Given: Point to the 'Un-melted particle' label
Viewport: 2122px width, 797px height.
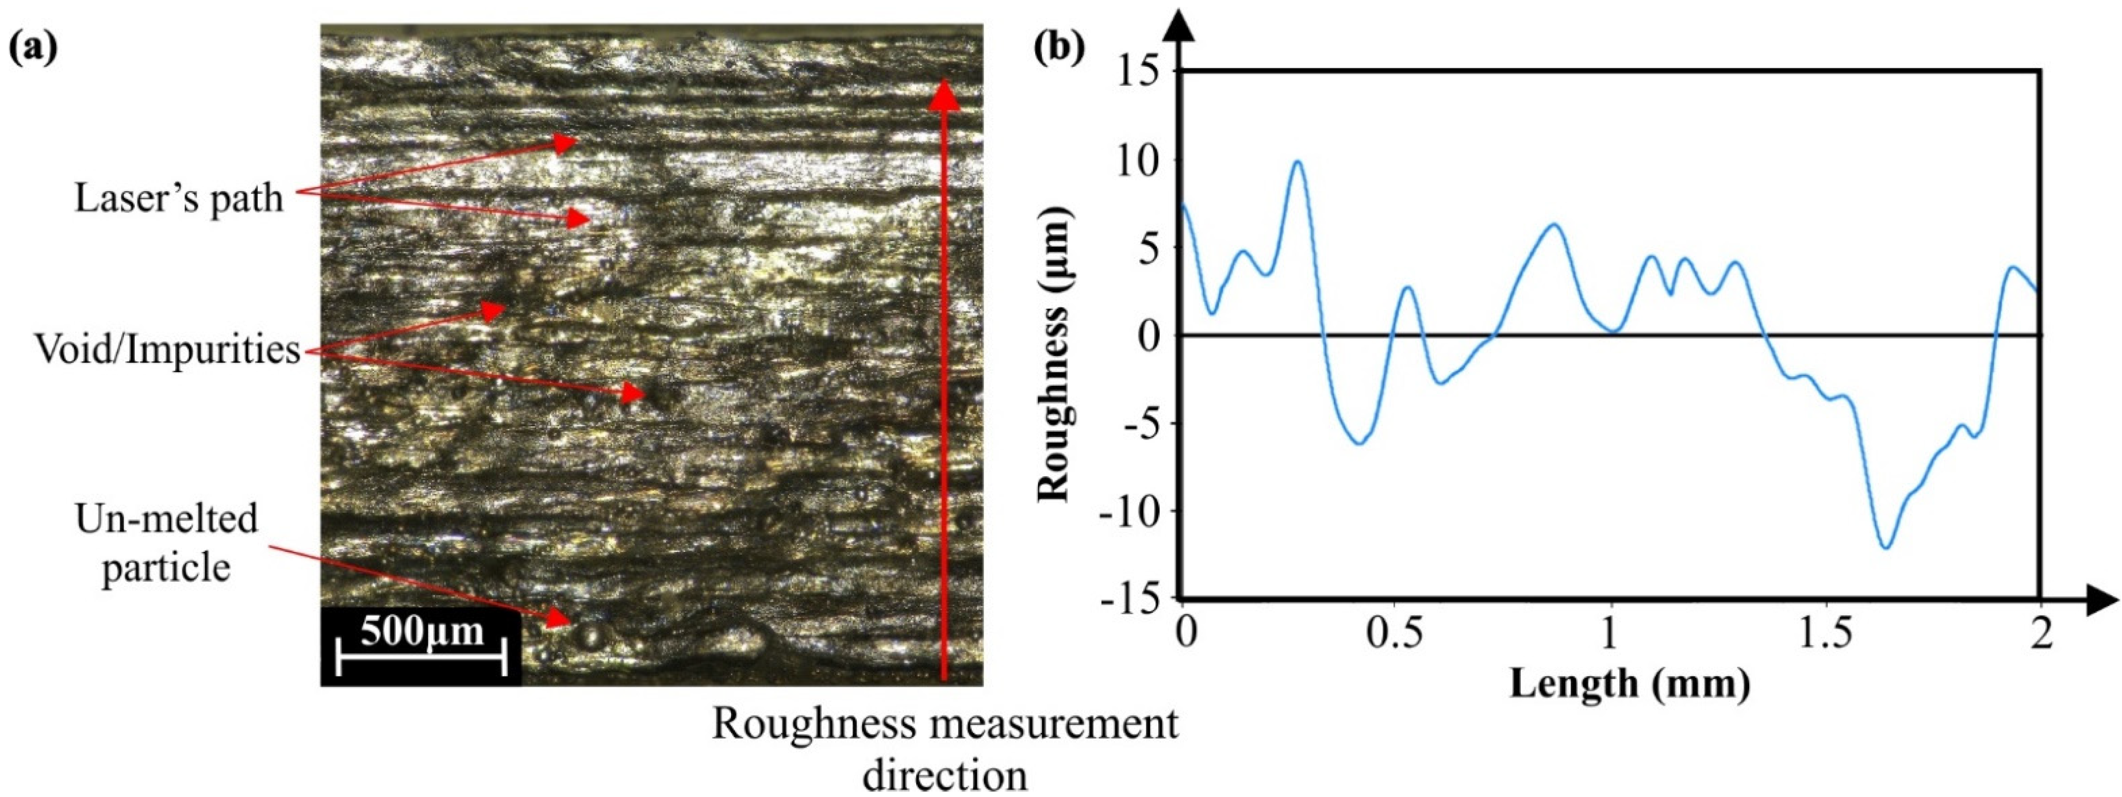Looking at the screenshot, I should tap(166, 544).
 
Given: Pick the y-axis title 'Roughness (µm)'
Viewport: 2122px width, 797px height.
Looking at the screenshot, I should tap(1054, 354).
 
